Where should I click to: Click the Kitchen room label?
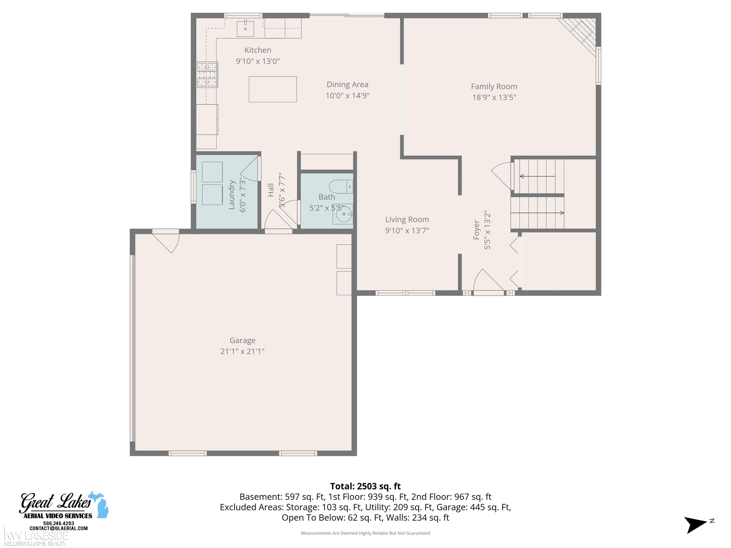coord(258,50)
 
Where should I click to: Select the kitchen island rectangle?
coord(273,89)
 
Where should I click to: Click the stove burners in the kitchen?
coord(207,75)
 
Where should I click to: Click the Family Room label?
coord(494,87)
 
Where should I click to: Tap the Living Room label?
coord(407,220)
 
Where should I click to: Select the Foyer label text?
coord(476,230)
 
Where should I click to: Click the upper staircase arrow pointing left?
coord(537,176)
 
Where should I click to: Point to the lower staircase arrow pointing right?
coord(537,213)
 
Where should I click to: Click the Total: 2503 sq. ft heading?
coord(365,486)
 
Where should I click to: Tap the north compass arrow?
coord(695,525)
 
